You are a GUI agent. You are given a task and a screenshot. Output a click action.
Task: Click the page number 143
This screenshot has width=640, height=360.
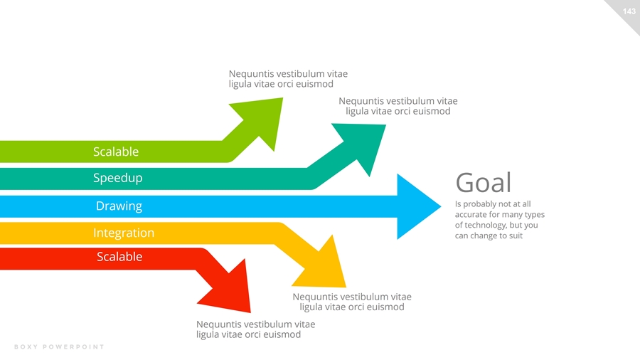(x=628, y=11)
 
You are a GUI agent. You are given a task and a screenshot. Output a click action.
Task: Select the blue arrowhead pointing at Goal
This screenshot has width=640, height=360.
(x=415, y=206)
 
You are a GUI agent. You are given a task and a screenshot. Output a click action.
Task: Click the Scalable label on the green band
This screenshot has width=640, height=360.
(x=116, y=152)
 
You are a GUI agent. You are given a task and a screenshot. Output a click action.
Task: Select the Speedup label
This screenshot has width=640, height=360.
(x=117, y=178)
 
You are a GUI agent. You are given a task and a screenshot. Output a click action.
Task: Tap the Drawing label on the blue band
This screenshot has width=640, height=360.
(x=119, y=206)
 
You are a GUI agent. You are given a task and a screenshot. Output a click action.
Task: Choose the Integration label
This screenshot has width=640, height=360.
(x=123, y=233)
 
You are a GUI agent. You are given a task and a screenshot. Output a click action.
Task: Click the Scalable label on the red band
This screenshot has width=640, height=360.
(x=119, y=257)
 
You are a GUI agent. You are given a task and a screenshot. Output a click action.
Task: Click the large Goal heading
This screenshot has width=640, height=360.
(x=483, y=182)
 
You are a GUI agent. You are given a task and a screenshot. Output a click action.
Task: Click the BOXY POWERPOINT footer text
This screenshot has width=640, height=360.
(x=59, y=347)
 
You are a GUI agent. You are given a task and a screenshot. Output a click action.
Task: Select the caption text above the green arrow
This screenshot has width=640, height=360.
(x=288, y=78)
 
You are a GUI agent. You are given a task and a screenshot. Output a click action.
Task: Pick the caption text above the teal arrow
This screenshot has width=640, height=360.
(x=398, y=106)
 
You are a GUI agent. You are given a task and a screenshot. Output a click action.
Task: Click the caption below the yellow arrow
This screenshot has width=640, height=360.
(x=351, y=302)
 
